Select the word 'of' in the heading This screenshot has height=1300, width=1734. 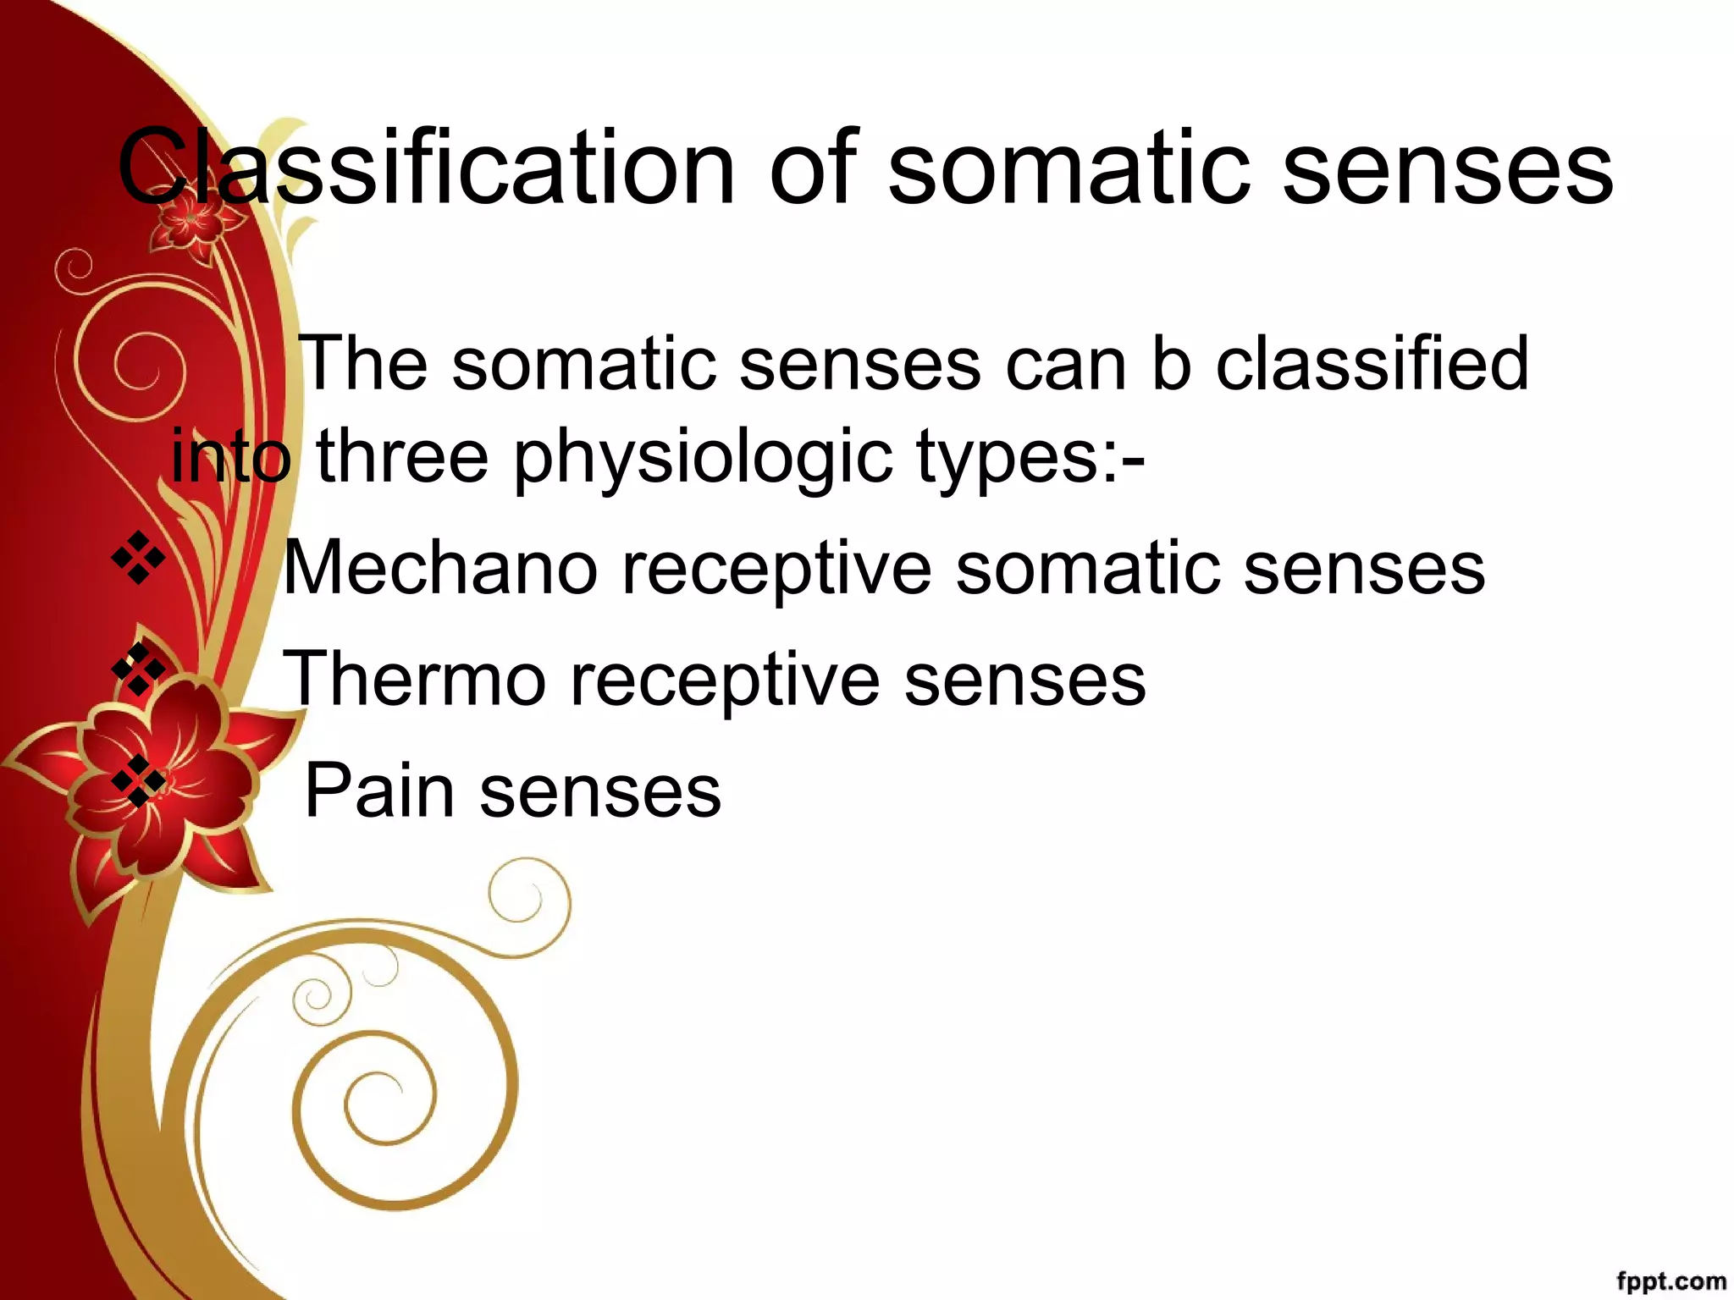pos(814,166)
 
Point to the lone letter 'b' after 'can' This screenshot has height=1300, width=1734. pos(1171,363)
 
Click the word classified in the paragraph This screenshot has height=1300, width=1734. pos(1372,363)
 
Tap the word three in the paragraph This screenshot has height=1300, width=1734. pos(401,457)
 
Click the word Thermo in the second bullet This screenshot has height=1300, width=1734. pos(414,679)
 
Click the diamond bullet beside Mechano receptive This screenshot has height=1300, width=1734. pos(138,559)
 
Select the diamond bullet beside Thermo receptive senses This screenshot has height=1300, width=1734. pos(138,669)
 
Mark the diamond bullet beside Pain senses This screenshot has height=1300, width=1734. pos(138,780)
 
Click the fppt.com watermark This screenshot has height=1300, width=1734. pos(1670,1281)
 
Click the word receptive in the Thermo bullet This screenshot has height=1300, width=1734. pos(725,680)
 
